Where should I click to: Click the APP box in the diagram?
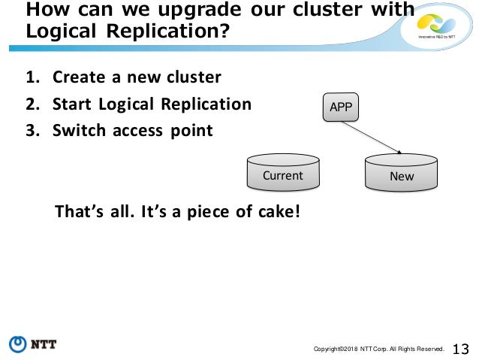click(340, 107)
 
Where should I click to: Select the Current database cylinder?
click(282, 173)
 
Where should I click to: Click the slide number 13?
click(461, 348)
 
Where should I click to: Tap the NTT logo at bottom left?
click(33, 344)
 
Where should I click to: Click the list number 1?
click(32, 78)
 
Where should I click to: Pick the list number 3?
click(32, 131)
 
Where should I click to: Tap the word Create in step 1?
click(78, 78)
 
